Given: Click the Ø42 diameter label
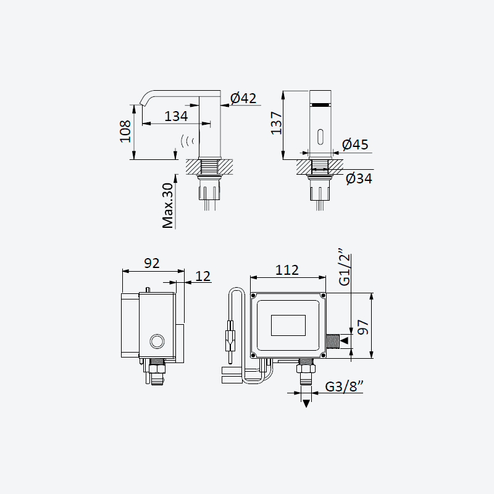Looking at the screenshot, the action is coord(243,98).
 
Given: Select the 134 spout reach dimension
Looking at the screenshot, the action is coord(176,116).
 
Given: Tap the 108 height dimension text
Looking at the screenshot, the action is coord(125,132).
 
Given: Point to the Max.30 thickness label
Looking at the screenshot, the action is coord(167,206).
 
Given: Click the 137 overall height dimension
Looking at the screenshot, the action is coord(277,123).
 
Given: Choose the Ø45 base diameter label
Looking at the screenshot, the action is coord(355,144).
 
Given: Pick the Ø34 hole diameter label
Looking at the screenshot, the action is coord(359,178).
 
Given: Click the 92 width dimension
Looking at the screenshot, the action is coord(152,264).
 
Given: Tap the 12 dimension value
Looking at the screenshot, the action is coord(203,276).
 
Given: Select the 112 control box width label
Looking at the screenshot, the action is coord(287,270).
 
